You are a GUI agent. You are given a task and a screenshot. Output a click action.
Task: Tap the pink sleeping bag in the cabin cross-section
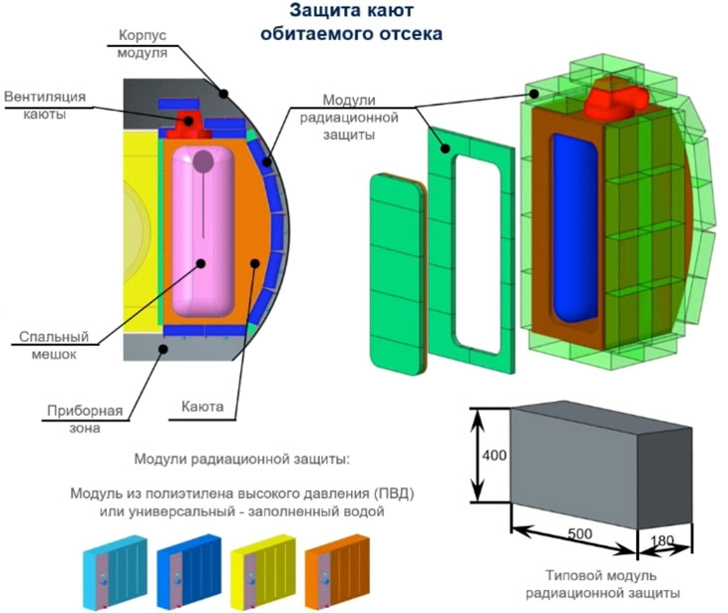coord(202,231)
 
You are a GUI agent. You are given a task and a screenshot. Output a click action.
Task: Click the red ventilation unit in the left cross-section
coord(188,125)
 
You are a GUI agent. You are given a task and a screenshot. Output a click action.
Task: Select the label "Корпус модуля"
coord(142,44)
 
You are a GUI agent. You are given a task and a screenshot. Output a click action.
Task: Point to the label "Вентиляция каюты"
coord(45,106)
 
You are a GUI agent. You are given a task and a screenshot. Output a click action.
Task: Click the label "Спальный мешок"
coord(54,345)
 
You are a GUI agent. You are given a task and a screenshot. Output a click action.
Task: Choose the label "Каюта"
coord(202,407)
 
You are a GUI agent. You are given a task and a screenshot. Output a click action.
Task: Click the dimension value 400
coord(494,456)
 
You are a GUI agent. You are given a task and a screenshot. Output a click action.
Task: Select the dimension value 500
coord(579,533)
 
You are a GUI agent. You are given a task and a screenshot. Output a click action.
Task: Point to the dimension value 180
coord(662,541)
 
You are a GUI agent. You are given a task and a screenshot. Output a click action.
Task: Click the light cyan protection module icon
coord(115,572)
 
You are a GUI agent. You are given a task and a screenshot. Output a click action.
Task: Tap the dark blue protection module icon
coord(188,572)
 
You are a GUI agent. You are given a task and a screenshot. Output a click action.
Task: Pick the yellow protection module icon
coord(263,572)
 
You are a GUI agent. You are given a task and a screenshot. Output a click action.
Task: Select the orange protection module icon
coord(337,572)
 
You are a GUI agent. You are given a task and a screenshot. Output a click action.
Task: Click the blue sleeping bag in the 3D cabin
coord(574,228)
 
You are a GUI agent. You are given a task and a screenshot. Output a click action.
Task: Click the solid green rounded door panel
coord(398,274)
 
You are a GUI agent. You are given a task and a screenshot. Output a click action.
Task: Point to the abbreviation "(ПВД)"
coord(392,493)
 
